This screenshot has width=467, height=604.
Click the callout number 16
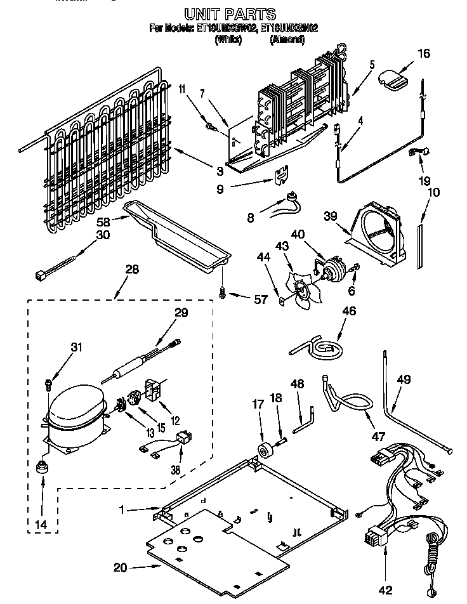(x=423, y=53)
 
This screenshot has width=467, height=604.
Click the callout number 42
(x=385, y=589)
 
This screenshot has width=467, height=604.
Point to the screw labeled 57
(x=223, y=293)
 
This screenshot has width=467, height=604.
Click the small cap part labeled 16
(x=392, y=79)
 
